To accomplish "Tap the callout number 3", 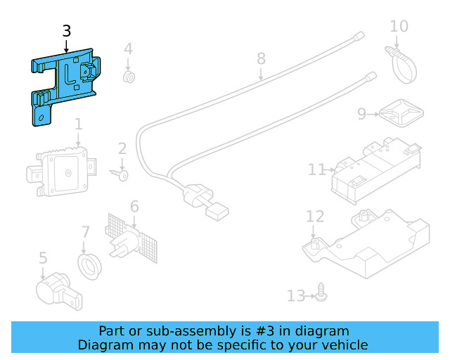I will [x=66, y=31].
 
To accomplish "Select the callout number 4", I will [x=128, y=49].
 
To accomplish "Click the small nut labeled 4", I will [x=129, y=76].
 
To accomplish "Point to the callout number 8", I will [x=261, y=58].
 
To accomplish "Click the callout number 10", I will [x=399, y=27].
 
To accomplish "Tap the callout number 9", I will [x=362, y=113].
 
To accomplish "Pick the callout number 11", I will [x=317, y=169].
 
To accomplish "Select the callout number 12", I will [x=314, y=217].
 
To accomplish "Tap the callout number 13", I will [x=296, y=296].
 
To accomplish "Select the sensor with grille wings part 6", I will [x=132, y=235].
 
